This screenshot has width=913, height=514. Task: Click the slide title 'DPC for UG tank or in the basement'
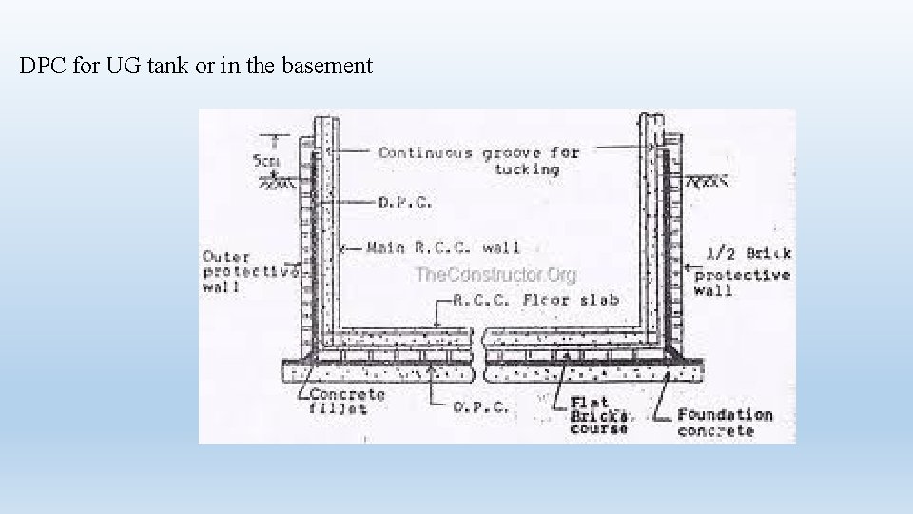(196, 67)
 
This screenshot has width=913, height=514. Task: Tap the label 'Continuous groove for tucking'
(478, 160)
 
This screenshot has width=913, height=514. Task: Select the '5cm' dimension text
(266, 161)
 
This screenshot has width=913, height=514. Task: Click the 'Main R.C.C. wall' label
(443, 247)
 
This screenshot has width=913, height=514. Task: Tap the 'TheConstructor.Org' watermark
(495, 275)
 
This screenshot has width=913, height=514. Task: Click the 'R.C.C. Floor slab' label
(538, 299)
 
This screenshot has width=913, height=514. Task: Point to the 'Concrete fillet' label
(347, 401)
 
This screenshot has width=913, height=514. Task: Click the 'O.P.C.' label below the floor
(480, 405)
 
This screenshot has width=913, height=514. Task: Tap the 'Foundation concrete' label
(724, 423)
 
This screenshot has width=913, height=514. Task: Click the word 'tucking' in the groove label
(526, 168)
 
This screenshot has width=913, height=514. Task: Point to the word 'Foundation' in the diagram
(725, 415)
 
